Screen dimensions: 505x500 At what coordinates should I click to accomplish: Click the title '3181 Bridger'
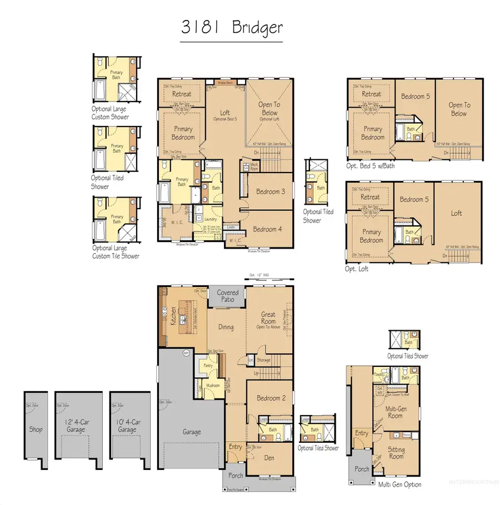click(x=232, y=27)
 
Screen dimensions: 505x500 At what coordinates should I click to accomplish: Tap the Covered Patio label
click(x=228, y=296)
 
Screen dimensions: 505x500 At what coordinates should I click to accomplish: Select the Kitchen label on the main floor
click(x=173, y=316)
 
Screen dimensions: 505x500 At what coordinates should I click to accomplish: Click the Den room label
click(x=270, y=458)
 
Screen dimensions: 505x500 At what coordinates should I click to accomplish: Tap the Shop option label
click(x=36, y=429)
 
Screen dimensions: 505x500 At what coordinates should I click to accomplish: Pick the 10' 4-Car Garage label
click(x=127, y=426)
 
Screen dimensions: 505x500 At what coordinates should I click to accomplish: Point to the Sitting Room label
click(x=396, y=453)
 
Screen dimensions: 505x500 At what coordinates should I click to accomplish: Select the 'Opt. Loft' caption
click(x=357, y=269)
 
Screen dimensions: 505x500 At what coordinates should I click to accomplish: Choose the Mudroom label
click(x=213, y=385)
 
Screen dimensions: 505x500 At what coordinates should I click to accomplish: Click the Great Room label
click(x=268, y=318)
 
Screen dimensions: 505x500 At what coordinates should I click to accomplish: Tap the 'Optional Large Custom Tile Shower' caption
click(x=116, y=252)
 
